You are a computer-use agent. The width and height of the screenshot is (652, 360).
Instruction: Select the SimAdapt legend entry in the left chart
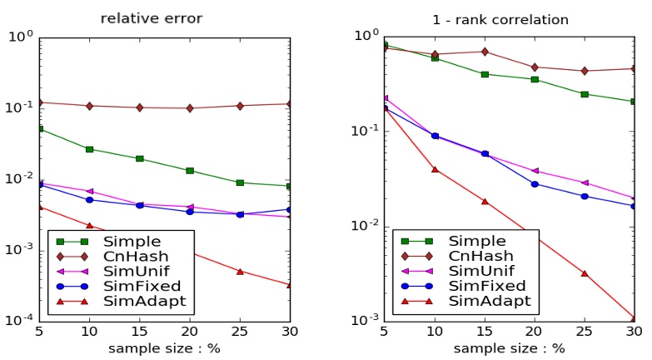click(132, 301)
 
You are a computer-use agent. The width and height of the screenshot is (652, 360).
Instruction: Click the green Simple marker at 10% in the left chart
click(89, 149)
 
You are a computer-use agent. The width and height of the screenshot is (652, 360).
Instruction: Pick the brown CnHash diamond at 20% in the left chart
click(190, 108)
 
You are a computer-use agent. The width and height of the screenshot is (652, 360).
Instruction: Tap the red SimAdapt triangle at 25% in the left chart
click(240, 272)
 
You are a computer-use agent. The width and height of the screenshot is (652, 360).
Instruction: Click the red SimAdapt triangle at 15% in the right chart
click(485, 202)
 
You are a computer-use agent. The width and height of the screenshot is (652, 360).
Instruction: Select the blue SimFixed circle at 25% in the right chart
click(585, 197)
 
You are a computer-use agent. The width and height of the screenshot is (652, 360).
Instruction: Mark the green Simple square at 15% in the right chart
click(485, 74)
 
